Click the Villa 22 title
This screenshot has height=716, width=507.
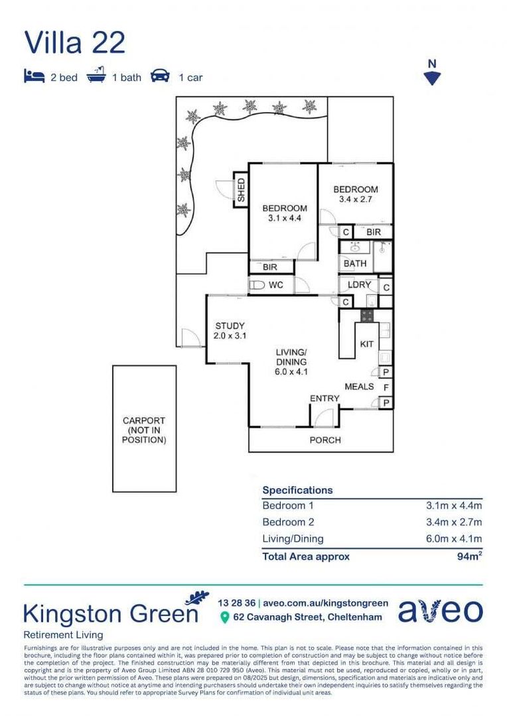click(74, 42)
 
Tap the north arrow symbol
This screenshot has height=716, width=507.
click(432, 78)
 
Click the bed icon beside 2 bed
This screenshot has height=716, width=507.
click(34, 76)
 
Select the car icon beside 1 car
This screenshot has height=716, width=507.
click(160, 76)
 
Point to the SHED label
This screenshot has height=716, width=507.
click(241, 190)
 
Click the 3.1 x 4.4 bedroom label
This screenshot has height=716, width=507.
click(285, 213)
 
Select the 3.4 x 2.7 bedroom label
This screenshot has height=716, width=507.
click(355, 194)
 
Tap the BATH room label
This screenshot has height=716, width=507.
click(355, 263)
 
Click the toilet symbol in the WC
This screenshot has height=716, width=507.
click(256, 285)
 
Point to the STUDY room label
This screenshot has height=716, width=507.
click(230, 331)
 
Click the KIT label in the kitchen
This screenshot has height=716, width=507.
click(366, 344)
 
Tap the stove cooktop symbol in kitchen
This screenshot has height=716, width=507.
click(368, 315)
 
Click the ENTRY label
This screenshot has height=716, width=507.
click(325, 398)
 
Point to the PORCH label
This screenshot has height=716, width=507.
click(325, 440)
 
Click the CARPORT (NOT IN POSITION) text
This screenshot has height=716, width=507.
click(144, 430)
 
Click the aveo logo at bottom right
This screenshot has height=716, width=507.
click(440, 611)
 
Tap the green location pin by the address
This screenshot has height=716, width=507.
click(224, 618)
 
